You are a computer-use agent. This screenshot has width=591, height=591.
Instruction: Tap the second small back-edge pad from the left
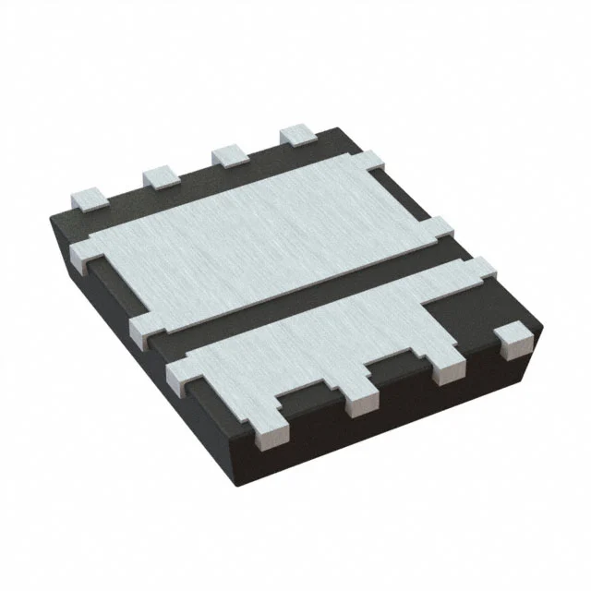[160, 175]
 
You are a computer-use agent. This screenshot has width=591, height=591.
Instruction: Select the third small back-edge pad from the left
[229, 154]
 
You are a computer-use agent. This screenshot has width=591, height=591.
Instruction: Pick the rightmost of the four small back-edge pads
[297, 135]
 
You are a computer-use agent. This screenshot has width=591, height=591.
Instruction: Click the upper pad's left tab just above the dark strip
[148, 331]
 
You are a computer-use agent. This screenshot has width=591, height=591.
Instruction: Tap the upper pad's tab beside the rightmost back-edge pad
[369, 164]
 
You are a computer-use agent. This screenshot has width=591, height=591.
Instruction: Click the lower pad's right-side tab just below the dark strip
[480, 270]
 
